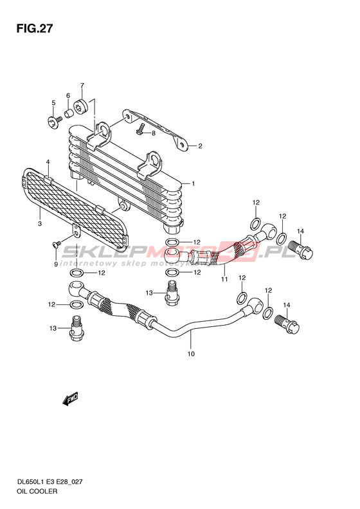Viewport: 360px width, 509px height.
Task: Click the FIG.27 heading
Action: pos(35,28)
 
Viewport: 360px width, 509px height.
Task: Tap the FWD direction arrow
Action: pos(70,399)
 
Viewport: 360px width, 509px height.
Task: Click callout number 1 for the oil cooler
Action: pos(194,184)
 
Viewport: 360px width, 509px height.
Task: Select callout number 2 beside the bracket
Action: pos(200,146)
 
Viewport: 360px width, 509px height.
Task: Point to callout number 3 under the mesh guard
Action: pos(40,224)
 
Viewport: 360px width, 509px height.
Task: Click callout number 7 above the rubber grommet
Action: pos(82,86)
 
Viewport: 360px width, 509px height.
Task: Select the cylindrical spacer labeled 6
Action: pos(69,114)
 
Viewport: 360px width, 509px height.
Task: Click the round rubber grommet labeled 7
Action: pos(81,106)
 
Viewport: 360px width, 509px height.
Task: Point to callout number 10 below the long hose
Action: pos(191,354)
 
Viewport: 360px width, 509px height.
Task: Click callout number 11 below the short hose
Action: pos(224,279)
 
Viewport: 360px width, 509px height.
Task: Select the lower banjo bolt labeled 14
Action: pos(287,324)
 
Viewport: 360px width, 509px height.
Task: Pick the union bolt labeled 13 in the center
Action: pos(172,293)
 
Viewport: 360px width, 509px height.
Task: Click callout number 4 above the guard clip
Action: pos(48,162)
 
